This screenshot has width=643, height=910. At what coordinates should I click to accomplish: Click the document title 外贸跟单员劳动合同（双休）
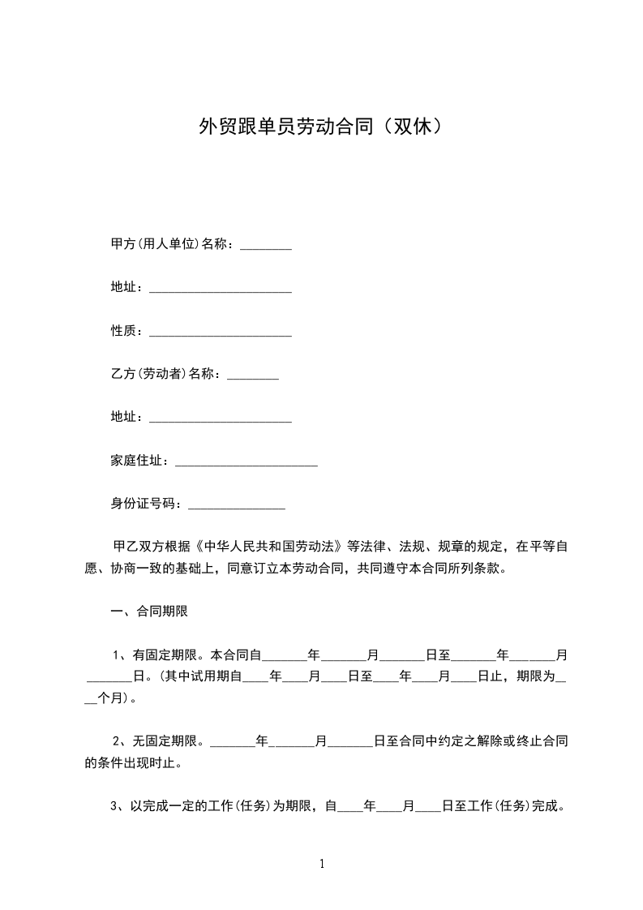click(x=321, y=127)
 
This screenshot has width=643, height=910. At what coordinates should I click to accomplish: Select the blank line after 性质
click(x=221, y=333)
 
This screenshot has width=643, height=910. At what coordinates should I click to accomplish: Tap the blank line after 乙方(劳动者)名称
click(x=253, y=376)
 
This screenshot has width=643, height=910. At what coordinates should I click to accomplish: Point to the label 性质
click(x=126, y=331)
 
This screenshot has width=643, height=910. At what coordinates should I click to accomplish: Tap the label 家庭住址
click(x=139, y=461)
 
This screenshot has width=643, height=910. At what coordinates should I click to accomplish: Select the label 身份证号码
click(x=146, y=504)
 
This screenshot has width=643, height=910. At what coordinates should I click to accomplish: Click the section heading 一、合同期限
click(x=149, y=612)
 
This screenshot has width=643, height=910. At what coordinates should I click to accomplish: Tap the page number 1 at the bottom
click(x=322, y=864)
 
